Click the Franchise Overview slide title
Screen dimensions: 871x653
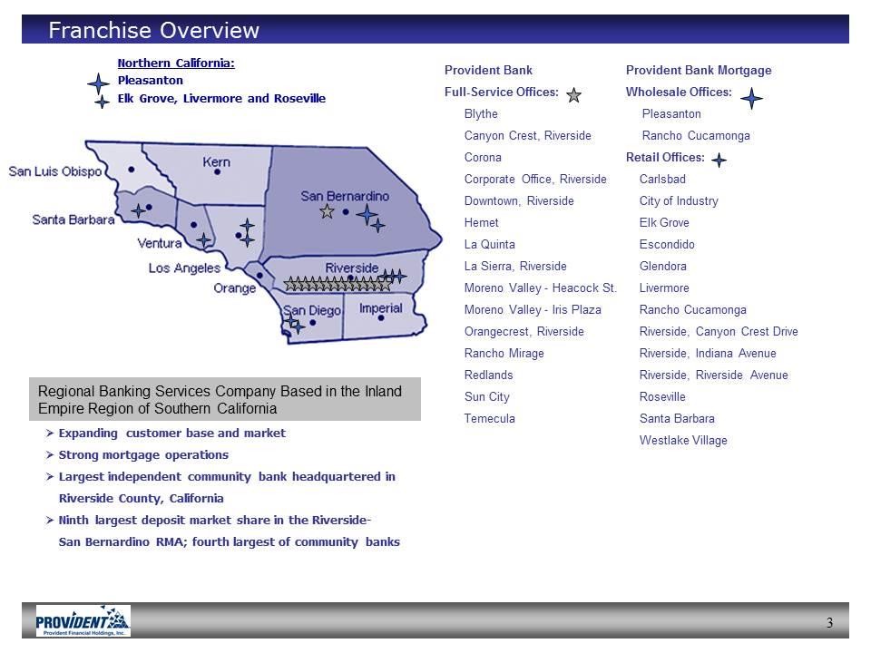pyautogui.click(x=154, y=30)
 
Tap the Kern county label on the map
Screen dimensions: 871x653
pyautogui.click(x=216, y=161)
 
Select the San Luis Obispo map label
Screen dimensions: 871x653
pyautogui.click(x=55, y=171)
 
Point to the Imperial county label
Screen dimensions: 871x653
pyautogui.click(x=380, y=308)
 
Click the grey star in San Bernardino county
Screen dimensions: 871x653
pyautogui.click(x=327, y=211)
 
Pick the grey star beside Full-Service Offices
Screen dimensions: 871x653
pyautogui.click(x=573, y=95)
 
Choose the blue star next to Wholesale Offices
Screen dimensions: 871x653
pyautogui.click(x=751, y=98)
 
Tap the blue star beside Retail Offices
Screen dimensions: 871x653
pyautogui.click(x=719, y=160)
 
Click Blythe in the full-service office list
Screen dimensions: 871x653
pyautogui.click(x=481, y=114)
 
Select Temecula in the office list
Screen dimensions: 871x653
pyautogui.click(x=489, y=418)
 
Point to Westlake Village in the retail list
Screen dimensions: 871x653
pyautogui.click(x=683, y=441)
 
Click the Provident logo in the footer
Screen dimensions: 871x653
pyautogui.click(x=83, y=620)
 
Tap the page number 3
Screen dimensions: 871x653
pyautogui.click(x=829, y=622)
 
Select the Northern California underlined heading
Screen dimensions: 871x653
pyautogui.click(x=176, y=63)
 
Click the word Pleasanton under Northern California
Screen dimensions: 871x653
pyautogui.click(x=150, y=80)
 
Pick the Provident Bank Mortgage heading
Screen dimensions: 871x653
pyautogui.click(x=699, y=70)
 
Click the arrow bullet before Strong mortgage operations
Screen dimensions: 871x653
pyautogui.click(x=50, y=454)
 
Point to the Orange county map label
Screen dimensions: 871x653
pyautogui.click(x=235, y=288)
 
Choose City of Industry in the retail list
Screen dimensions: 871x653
pyautogui.click(x=679, y=200)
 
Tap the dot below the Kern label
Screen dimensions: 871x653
pyautogui.click(x=217, y=172)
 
